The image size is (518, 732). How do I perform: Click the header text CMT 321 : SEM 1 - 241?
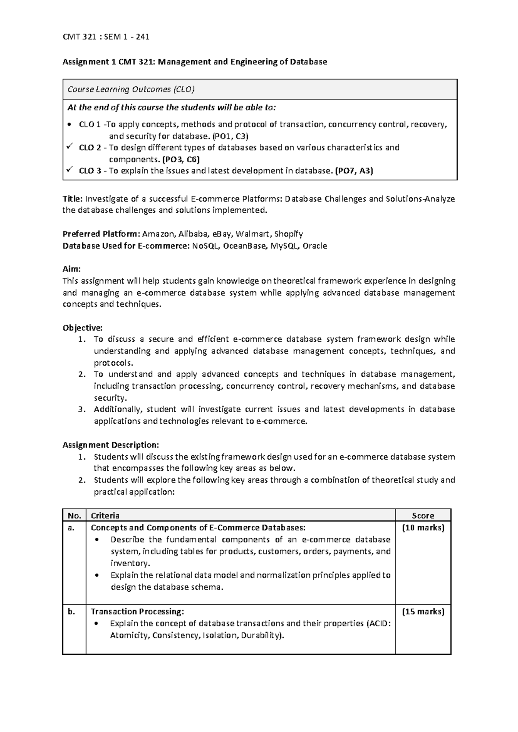tap(106, 37)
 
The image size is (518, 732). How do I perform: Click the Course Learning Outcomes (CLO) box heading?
tap(131, 89)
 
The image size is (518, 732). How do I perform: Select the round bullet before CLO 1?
tap(70, 125)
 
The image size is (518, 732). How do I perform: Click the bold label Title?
tap(73, 199)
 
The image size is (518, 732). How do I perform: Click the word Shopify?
tap(288, 234)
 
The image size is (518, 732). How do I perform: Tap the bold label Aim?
tap(72, 269)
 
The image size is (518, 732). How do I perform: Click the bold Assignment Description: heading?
tap(111, 445)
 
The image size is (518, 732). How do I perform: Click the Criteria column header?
tap(105, 515)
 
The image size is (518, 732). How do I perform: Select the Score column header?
tap(423, 515)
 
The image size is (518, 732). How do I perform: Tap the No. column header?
tap(74, 515)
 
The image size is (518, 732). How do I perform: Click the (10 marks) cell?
tap(423, 527)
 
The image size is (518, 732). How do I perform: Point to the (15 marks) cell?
tap(423, 612)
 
